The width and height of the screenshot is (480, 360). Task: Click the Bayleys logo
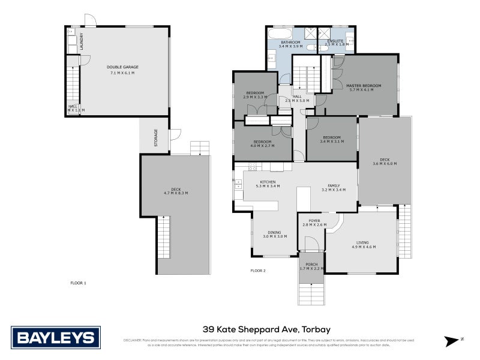(56, 337)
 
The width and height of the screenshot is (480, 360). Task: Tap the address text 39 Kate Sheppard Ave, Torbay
(267, 329)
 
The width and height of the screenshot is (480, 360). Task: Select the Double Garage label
(122, 67)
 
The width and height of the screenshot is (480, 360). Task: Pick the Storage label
(156, 137)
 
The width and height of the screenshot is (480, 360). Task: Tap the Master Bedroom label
(364, 86)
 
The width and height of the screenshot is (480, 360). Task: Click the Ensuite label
(335, 40)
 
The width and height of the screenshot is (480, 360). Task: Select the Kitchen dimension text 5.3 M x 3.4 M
(267, 187)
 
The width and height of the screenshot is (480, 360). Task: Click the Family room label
(334, 185)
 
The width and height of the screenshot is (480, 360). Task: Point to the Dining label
(274, 232)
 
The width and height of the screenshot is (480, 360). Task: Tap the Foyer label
(314, 220)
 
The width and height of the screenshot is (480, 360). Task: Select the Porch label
(311, 263)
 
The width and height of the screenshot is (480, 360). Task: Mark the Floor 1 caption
(79, 283)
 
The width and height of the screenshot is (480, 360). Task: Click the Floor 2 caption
(257, 271)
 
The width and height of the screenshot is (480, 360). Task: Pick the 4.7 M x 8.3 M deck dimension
(175, 193)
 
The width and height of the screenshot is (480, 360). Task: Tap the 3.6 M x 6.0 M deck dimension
(384, 164)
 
